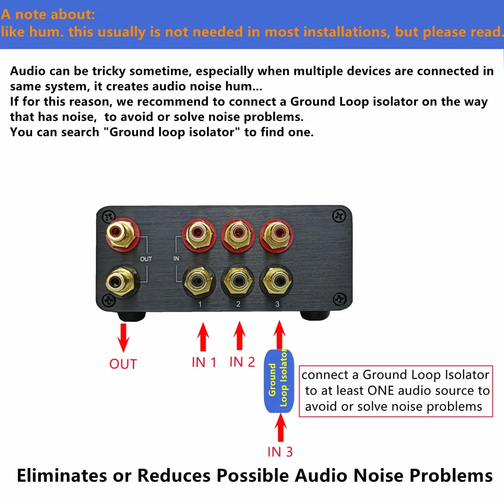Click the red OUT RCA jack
[123, 235]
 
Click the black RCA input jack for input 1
[199, 281]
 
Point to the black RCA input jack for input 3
[276, 281]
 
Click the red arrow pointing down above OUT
[123, 338]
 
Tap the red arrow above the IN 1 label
[203, 337]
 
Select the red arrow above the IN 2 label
[239, 336]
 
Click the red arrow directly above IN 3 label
[281, 427]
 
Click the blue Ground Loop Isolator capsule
[279, 381]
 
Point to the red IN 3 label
[280, 452]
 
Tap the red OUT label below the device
[123, 364]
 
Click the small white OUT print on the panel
[146, 259]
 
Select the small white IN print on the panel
[176, 258]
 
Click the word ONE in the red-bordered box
[381, 390]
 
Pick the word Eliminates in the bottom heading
[62, 475]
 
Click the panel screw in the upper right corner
[339, 216]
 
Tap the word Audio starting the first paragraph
[28, 71]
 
